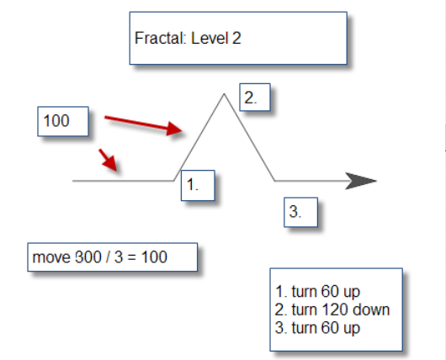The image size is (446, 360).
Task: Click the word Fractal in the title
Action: click(x=160, y=38)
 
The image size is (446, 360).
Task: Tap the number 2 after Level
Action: click(x=236, y=38)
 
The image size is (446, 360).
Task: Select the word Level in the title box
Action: click(x=210, y=38)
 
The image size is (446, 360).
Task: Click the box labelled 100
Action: click(x=63, y=121)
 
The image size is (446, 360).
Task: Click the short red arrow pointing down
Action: click(x=108, y=160)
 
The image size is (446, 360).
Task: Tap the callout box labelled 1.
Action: click(x=198, y=185)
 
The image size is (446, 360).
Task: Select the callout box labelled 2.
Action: click(x=255, y=98)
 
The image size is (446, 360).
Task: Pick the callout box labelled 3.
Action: click(x=300, y=212)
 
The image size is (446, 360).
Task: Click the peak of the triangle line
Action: click(x=224, y=93)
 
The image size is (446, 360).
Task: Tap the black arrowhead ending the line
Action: click(x=361, y=181)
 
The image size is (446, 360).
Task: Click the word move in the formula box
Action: click(x=51, y=257)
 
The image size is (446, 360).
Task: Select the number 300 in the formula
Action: click(x=88, y=257)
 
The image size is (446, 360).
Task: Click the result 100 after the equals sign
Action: click(x=154, y=257)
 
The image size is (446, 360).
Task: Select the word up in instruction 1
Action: click(x=352, y=293)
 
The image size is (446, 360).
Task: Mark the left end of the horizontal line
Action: click(x=72, y=181)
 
